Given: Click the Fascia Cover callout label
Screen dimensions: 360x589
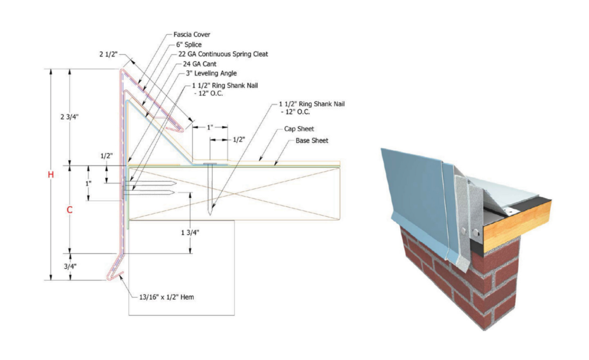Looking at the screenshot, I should click(x=192, y=35).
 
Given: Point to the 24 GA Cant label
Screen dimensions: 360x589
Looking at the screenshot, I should click(x=199, y=64).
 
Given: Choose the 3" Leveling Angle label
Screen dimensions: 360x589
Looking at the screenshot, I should click(x=211, y=73).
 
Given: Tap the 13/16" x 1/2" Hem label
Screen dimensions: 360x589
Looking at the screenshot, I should click(x=167, y=297).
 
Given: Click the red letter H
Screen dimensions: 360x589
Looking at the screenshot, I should click(x=51, y=175).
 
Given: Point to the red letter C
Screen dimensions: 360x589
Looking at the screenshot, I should click(x=70, y=210).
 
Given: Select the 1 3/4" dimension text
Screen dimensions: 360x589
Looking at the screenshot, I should click(x=190, y=232).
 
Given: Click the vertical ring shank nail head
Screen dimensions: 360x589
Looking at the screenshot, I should click(x=211, y=164).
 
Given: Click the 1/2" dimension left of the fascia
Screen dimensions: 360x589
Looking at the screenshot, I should click(x=107, y=157).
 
